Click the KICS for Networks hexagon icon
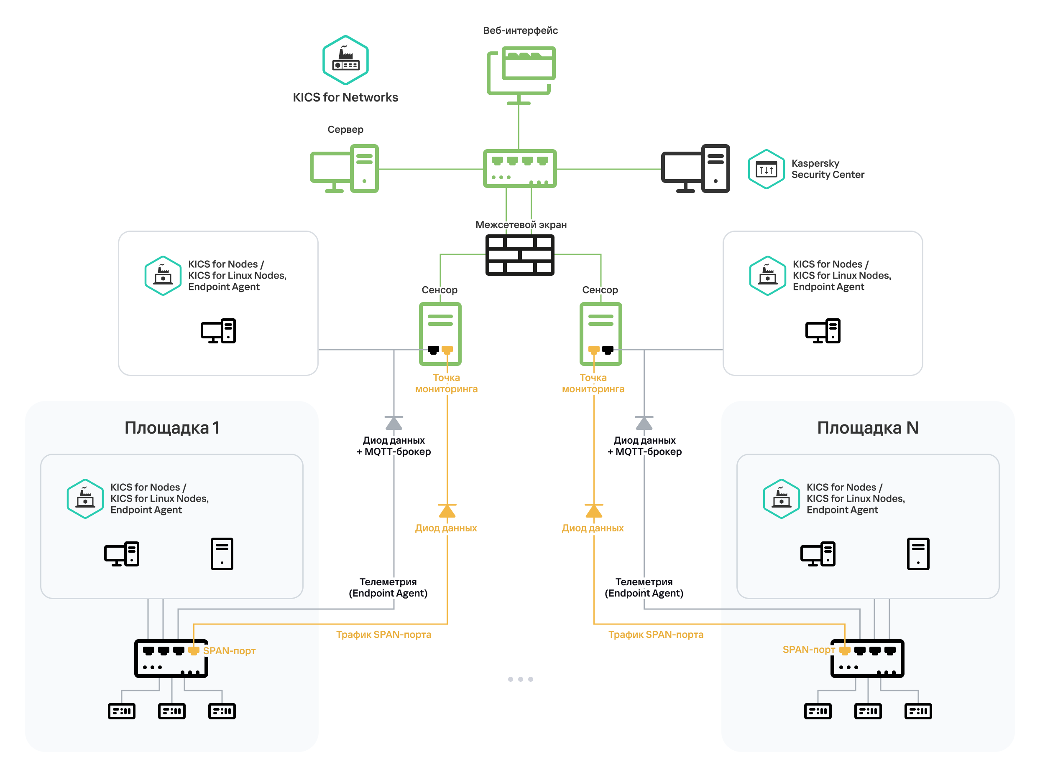pos(345,60)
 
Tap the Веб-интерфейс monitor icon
pos(521,74)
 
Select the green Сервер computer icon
pos(345,169)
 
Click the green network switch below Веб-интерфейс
pos(519,169)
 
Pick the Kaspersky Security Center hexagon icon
pos(766,169)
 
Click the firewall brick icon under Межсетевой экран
pos(519,255)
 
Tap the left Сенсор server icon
pos(440,333)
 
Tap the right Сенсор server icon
pos(600,333)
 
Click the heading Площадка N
pos(867,428)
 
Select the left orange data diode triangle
pos(447,510)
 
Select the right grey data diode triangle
pos(644,423)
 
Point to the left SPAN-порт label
pos(229,650)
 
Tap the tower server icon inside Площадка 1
pos(222,554)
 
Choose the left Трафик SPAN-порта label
pos(383,635)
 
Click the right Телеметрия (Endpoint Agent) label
pos(644,588)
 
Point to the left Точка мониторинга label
pos(446,383)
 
